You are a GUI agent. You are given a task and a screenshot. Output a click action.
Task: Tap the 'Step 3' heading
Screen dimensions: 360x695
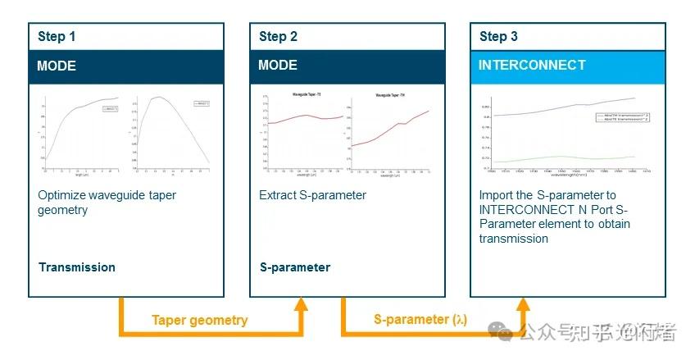click(x=498, y=36)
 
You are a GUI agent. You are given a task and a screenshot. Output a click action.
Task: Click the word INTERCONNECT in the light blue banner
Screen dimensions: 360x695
click(x=532, y=65)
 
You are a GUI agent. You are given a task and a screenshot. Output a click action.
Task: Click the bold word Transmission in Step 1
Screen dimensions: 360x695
click(x=76, y=267)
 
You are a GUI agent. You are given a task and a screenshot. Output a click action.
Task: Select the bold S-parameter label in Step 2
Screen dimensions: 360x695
click(x=294, y=267)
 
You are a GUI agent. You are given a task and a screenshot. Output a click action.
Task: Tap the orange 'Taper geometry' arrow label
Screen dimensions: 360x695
click(x=199, y=321)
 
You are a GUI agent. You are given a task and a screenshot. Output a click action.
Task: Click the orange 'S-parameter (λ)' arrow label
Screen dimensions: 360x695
click(x=420, y=320)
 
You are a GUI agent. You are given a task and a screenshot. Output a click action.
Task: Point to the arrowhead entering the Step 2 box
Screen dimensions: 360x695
click(x=301, y=305)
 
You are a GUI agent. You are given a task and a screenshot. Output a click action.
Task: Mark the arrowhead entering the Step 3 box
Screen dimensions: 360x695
click(x=523, y=305)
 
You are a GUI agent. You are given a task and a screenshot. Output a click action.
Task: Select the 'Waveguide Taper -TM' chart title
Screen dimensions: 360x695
click(x=392, y=95)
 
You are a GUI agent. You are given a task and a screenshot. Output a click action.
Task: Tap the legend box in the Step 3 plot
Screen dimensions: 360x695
click(x=620, y=118)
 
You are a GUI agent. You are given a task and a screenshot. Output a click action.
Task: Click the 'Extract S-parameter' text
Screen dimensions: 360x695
click(x=312, y=195)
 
